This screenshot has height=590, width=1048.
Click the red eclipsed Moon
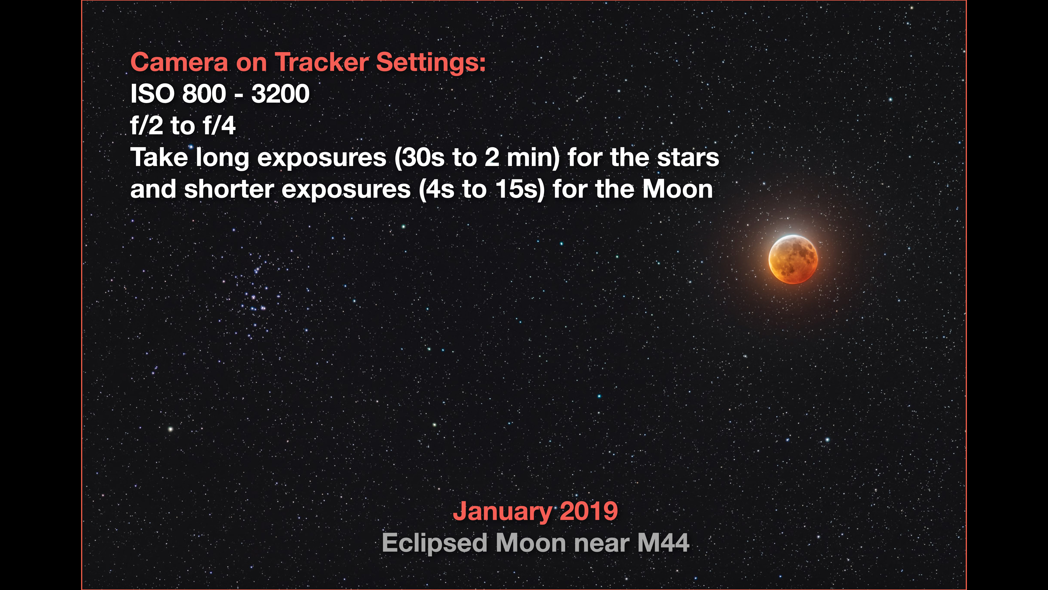point(793,259)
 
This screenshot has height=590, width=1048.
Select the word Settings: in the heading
point(431,63)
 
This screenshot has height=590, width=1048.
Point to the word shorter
point(229,189)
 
